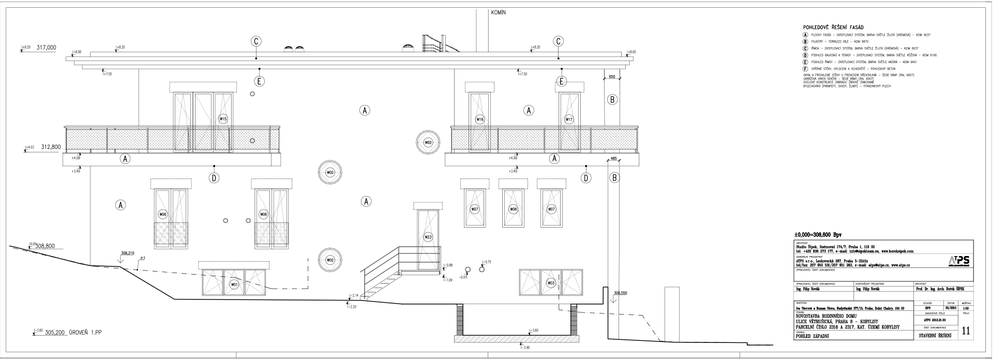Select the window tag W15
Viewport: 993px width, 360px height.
[x=223, y=119]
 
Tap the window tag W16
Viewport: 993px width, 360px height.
[x=479, y=119]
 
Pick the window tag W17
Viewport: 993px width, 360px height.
[x=569, y=119]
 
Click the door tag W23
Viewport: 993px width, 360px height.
[x=428, y=237]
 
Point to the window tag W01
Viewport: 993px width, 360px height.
[x=234, y=284]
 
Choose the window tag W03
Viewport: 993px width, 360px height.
[x=551, y=283]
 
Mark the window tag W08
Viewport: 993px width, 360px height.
[x=513, y=209]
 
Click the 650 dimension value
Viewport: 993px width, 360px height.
[x=612, y=77]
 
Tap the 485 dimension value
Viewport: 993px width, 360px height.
[x=613, y=159]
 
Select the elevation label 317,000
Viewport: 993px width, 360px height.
[x=46, y=47]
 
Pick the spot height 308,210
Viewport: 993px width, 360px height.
[x=128, y=253]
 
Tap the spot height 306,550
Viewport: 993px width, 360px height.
[x=620, y=293]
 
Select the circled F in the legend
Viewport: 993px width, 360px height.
[x=805, y=69]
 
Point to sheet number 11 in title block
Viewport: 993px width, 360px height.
[x=965, y=331]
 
